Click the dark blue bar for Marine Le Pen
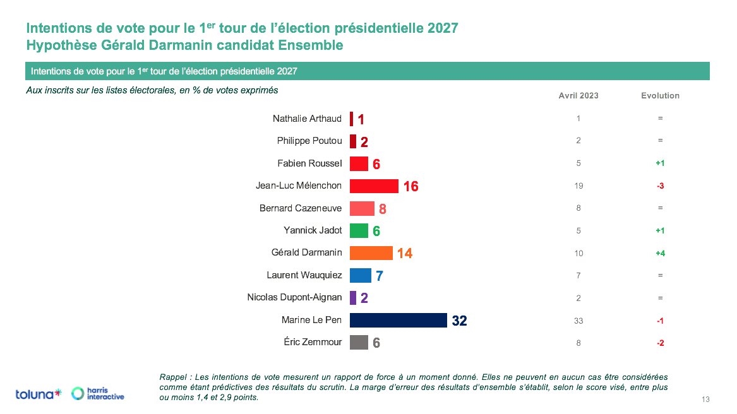click(398, 320)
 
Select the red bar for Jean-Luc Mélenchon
click(374, 186)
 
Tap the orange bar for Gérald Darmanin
click(371, 252)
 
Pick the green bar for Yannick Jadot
click(359, 231)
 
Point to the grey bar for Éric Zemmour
click(359, 342)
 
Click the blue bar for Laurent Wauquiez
click(360, 275)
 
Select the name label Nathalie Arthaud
click(307, 119)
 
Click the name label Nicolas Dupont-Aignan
click(294, 297)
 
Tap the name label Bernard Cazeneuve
click(301, 208)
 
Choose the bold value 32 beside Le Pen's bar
click(459, 321)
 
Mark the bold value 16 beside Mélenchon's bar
click(410, 186)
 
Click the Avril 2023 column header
click(578, 96)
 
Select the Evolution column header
click(660, 96)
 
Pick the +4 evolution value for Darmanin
click(660, 253)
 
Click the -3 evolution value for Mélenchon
click(660, 186)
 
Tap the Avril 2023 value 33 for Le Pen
click(578, 321)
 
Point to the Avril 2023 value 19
click(578, 186)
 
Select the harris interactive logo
click(98, 394)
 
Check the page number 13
click(705, 399)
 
